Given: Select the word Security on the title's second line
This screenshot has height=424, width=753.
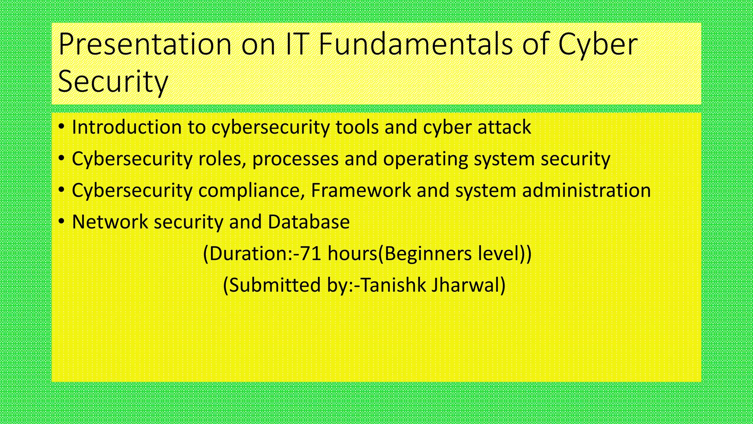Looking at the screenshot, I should pos(113,82).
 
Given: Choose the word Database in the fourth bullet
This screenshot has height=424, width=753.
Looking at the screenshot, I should pos(308,222).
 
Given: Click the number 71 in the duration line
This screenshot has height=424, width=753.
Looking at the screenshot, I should pos(311,254).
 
